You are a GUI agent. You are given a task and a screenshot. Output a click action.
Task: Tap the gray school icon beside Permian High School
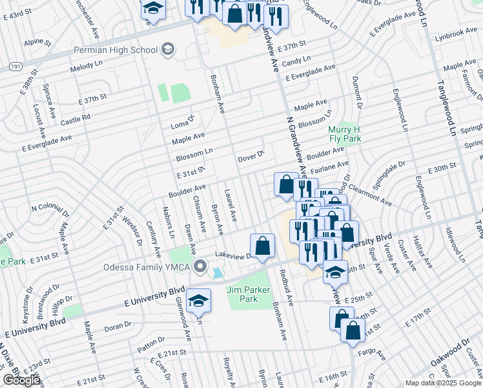click(169, 50)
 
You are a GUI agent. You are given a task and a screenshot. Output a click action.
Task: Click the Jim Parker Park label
click(248, 294)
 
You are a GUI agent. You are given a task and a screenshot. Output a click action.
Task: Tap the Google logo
click(22, 380)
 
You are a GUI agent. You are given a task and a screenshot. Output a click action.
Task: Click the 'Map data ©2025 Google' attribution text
click(443, 383)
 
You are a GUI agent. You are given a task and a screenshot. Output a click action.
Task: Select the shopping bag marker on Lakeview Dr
click(262, 246)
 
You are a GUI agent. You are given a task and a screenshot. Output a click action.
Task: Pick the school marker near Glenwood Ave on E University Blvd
click(198, 300)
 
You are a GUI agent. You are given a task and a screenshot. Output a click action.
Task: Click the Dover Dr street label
click(252, 156)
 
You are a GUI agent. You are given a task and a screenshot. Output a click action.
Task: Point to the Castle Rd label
click(76, 120)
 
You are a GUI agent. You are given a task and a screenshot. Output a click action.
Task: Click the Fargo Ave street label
click(373, 355)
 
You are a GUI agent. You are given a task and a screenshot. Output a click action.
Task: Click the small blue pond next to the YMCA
click(217, 274)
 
